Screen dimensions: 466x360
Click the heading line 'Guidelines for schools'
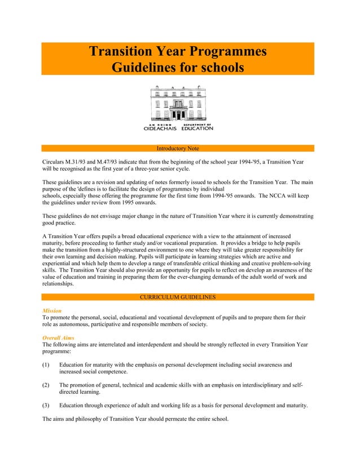pos(178,68)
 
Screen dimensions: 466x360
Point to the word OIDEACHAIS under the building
pos(160,129)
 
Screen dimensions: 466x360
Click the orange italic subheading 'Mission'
pos(52,311)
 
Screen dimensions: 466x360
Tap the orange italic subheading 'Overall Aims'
pos(58,338)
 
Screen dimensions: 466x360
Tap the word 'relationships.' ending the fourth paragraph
pos(58,284)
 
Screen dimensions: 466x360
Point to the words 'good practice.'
pos(59,223)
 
